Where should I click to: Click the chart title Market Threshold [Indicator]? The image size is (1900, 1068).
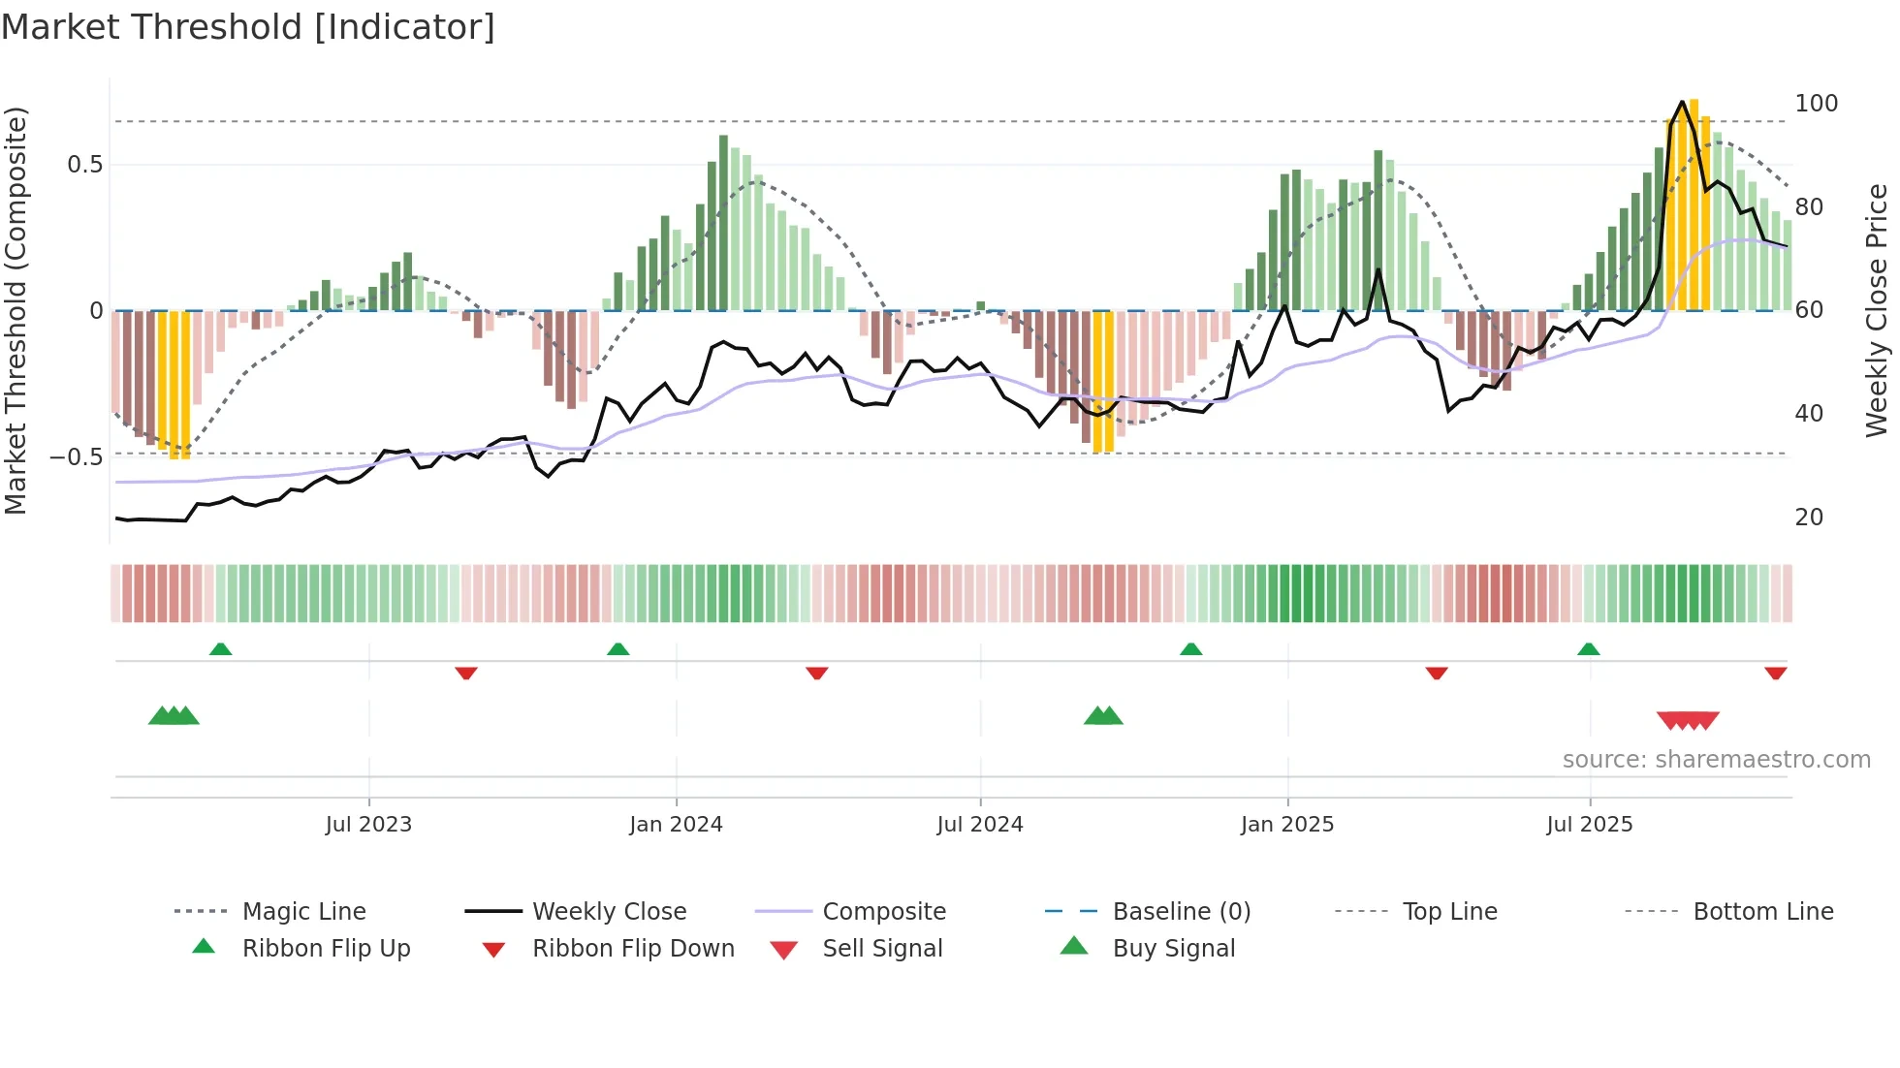(248, 27)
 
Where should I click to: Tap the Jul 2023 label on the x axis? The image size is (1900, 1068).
(368, 825)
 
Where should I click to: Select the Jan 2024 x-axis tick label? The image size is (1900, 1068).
(676, 825)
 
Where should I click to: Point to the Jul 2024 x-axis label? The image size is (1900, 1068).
(979, 825)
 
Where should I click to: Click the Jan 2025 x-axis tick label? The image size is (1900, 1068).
(1286, 825)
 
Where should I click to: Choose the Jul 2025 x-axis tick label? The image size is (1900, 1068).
(1589, 825)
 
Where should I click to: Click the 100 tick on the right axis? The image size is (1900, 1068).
(1816, 104)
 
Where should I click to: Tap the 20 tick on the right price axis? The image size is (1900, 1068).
(1809, 518)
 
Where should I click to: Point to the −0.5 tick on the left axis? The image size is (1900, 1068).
(77, 456)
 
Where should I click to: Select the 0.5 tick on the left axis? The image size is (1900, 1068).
(84, 165)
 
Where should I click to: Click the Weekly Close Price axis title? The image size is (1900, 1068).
(1877, 310)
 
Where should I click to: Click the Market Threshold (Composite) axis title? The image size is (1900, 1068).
(16, 310)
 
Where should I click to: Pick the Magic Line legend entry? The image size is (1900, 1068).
(303, 912)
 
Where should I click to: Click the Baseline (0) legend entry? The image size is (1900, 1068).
(1181, 912)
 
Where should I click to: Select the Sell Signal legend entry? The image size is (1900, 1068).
(881, 949)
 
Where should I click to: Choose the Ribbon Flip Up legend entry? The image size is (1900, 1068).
(326, 949)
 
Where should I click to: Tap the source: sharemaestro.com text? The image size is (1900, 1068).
(1716, 760)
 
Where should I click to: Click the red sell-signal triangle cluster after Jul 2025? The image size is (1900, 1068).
(1688, 720)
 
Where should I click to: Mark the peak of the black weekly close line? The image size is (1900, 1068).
(1682, 102)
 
